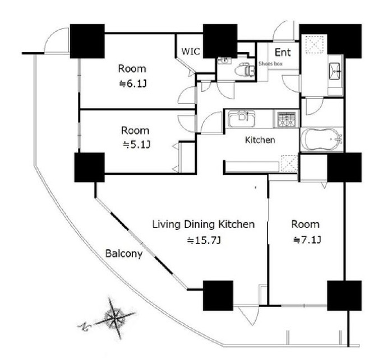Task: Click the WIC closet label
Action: (191, 52)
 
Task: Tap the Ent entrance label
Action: (283, 53)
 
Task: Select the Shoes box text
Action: (270, 64)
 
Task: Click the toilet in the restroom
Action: (245, 70)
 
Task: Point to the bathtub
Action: (321, 139)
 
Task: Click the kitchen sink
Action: (242, 119)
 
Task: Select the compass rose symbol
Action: (114, 318)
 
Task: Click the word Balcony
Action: (124, 254)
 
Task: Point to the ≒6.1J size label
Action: (133, 84)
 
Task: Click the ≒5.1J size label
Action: (136, 144)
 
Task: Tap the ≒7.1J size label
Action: (307, 240)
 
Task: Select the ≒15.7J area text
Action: (204, 240)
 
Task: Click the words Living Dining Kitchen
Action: (204, 225)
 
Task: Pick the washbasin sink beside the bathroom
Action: (334, 71)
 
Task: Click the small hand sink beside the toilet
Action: (225, 60)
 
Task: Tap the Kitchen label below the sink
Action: (260, 140)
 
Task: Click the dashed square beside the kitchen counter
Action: (289, 164)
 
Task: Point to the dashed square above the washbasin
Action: (316, 44)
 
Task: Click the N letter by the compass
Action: (82, 326)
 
